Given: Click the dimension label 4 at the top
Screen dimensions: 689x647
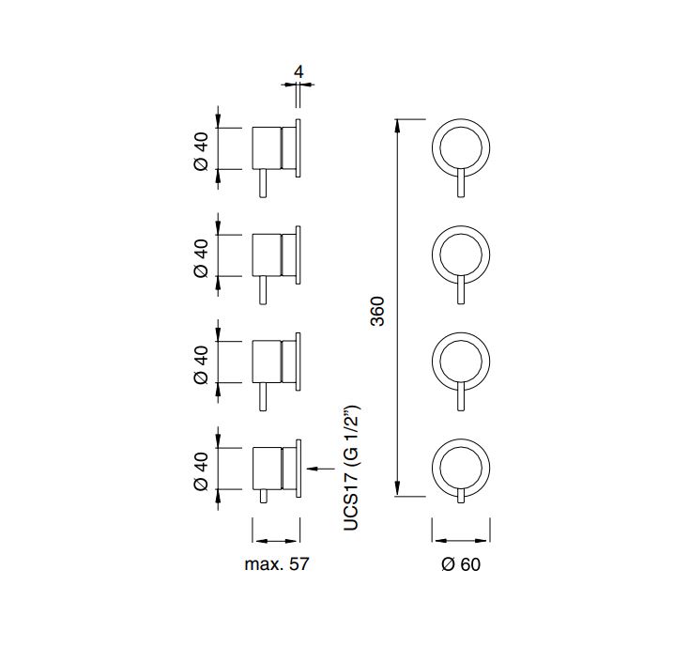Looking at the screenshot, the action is point(299,71).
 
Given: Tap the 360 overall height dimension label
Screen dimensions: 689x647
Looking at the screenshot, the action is point(378,311).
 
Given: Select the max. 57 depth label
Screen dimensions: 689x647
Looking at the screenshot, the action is point(277,564).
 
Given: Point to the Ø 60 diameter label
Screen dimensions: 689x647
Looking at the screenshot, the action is point(461,564).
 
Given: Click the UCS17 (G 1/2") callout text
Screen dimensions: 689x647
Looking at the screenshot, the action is point(351,468).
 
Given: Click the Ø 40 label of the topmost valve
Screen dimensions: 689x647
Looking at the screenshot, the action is point(201,151).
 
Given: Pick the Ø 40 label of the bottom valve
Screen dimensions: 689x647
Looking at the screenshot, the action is point(201,471).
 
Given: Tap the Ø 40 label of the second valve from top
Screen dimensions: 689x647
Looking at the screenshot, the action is point(201,258).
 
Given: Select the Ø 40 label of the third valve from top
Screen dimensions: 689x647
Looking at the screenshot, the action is point(201,364).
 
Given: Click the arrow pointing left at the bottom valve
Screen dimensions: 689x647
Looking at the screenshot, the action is point(320,469).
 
